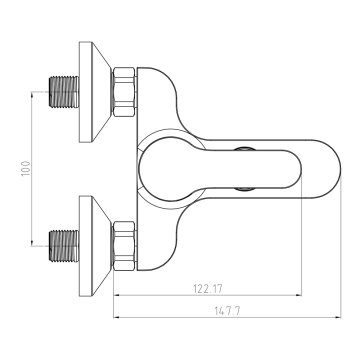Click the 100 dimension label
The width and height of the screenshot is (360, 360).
26,168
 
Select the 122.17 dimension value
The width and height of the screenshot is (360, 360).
208,289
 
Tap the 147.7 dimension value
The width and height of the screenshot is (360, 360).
227,311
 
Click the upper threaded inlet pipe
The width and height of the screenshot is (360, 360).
64,92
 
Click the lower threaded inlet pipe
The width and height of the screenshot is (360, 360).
64,246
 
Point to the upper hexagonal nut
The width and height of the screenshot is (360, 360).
124,92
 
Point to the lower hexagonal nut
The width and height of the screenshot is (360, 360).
124,246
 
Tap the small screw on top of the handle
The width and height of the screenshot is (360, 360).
244,149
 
